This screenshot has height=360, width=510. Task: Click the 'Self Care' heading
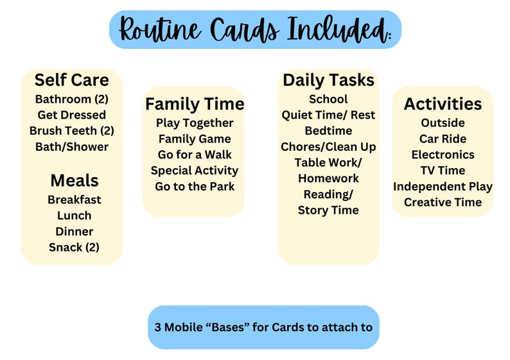71,80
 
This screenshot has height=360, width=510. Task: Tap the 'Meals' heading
75,180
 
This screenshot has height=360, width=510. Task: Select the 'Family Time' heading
195,104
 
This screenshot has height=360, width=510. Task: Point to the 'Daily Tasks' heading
328,80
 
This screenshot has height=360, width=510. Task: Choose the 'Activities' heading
443,104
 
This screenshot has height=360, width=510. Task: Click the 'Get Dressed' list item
71,115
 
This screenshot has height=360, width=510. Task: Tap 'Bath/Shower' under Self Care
71,147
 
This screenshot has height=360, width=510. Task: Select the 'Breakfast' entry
75,200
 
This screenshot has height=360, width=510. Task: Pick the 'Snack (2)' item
75,247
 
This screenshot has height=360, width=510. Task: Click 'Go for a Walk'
195,155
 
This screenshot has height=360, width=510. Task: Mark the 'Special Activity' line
195,171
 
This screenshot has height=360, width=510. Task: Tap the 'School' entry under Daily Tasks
328,99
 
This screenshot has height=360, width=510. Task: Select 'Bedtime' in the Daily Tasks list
328,131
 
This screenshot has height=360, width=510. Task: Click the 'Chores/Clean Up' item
328,147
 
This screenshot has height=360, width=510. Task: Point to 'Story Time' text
328,210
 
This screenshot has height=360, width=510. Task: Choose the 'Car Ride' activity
443,139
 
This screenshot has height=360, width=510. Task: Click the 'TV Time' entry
443,171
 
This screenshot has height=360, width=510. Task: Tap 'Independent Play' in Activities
443,187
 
